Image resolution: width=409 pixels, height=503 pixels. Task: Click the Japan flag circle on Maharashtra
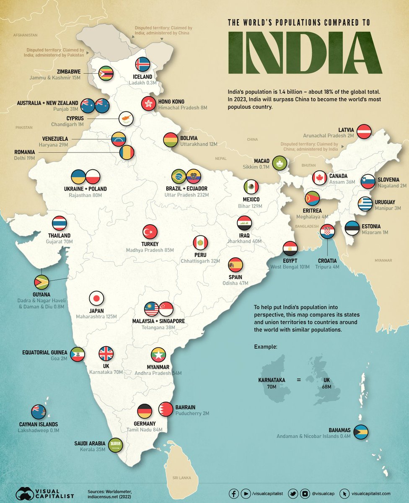coord(96,298)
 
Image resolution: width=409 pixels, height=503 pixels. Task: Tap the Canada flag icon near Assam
coord(320,178)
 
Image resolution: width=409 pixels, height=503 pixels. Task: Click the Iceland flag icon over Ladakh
coord(142,65)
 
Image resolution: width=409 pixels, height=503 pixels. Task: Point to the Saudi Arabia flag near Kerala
coord(115,444)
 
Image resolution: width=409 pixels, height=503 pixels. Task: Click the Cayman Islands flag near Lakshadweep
coord(39,412)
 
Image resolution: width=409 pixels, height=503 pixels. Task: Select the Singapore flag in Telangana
coord(166,309)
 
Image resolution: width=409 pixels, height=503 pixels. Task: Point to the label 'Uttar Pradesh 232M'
coord(187,195)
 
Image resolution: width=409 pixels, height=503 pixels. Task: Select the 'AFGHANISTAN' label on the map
coord(26,35)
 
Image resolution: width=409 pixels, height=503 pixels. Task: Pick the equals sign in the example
coord(299,380)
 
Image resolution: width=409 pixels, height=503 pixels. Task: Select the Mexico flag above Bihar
coord(251,187)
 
